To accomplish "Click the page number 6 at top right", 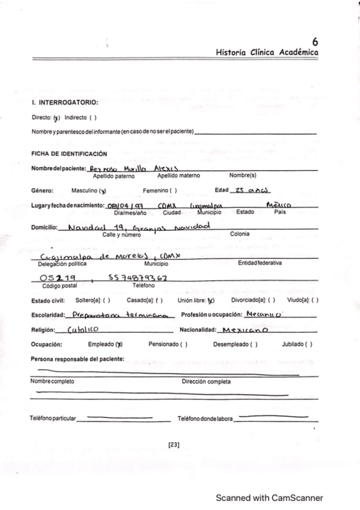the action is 315,41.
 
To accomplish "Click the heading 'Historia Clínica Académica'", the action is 267,53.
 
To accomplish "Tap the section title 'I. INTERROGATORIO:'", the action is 65,103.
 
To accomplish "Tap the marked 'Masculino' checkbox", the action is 103,191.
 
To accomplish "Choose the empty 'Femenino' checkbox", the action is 172,191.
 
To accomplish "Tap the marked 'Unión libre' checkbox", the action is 211,300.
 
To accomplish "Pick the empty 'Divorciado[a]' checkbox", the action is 272,300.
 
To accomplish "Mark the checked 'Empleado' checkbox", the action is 120,345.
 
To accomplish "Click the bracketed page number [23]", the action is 174,445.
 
